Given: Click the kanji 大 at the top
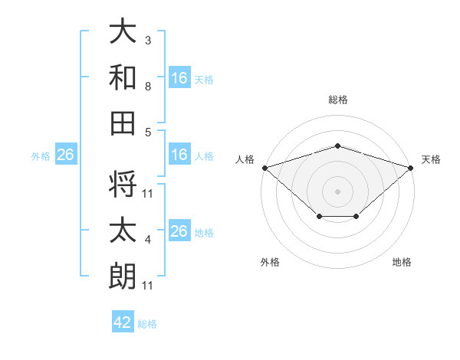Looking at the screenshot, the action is click(x=123, y=31).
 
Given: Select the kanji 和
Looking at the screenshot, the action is click(x=123, y=77).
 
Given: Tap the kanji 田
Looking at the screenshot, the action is click(x=123, y=123).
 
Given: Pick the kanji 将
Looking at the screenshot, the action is click(x=123, y=184).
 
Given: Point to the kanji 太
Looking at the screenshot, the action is click(x=123, y=230).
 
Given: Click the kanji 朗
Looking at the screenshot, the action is click(x=123, y=276).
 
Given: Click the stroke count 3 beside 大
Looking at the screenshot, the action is click(x=148, y=40).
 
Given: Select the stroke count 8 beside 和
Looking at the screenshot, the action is click(x=148, y=87).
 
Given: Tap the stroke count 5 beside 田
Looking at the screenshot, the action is click(x=148, y=133).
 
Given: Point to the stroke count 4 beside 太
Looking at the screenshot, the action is click(x=148, y=240).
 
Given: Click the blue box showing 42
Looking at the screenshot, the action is click(x=123, y=321).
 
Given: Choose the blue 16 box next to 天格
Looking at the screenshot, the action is click(x=179, y=77).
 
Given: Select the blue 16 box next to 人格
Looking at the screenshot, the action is click(x=179, y=154).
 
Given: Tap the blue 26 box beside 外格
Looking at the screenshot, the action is click(x=66, y=154).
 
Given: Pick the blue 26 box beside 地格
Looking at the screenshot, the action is click(x=179, y=230).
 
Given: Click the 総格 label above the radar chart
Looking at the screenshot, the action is click(x=338, y=100).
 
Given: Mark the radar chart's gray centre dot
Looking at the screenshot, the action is click(x=337, y=191).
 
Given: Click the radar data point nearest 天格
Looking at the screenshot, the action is click(x=411, y=168).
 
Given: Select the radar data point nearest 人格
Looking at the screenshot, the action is click(x=265, y=168).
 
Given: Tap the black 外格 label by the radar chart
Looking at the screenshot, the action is click(x=270, y=262).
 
